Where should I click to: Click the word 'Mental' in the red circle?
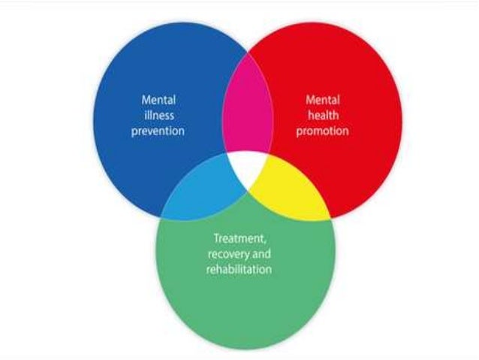click(324, 98)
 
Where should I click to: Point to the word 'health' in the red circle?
click(324, 114)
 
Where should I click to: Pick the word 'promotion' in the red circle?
click(324, 131)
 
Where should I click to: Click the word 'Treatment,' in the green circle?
click(238, 238)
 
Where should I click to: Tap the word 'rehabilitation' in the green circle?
click(238, 268)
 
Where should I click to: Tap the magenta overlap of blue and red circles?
click(247, 113)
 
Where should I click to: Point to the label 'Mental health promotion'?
click(324, 114)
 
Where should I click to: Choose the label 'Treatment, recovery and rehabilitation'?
click(238, 253)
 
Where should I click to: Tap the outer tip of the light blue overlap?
click(161, 217)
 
